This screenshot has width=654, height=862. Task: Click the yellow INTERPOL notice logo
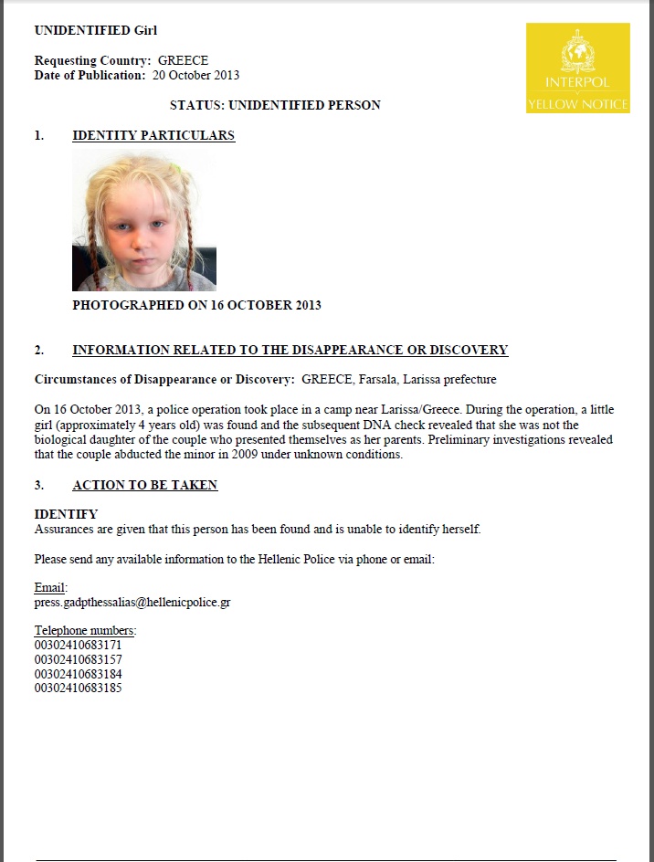coord(577,68)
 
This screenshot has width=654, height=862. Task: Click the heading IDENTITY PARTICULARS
coord(153,135)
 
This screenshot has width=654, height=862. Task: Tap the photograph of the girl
coord(144,222)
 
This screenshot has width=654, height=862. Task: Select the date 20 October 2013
coord(196,75)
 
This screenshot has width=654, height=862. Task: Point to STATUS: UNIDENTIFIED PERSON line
coord(275,105)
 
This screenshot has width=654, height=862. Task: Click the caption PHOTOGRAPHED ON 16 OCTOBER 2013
coord(196,305)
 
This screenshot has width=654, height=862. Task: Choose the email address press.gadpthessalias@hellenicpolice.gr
coord(132,603)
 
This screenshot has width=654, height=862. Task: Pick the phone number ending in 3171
coord(78,646)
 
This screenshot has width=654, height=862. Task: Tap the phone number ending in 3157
coord(78,659)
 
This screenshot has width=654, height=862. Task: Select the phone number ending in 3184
coord(78,674)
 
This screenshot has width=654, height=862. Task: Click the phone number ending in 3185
coord(78,688)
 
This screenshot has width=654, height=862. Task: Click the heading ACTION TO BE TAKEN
coord(144,485)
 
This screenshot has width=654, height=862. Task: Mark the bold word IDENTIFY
coord(66,514)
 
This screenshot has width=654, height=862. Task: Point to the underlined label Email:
coord(50,588)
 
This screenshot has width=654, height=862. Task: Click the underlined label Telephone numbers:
coord(85,631)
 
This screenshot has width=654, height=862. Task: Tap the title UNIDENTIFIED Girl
coord(96,30)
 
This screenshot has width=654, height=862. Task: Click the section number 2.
coord(39,350)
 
